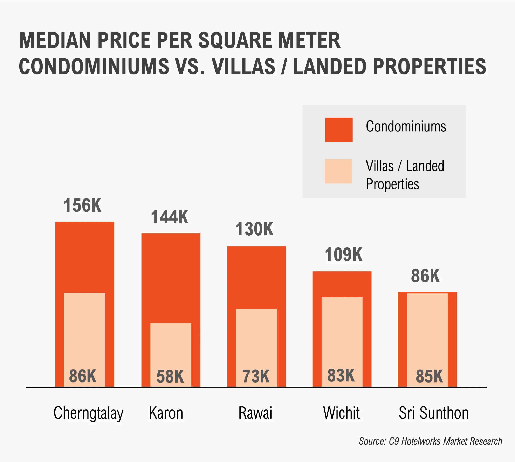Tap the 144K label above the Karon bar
coord(169,217)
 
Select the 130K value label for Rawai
coord(254,229)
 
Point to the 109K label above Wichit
coord(343,255)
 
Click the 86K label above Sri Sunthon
coord(425,276)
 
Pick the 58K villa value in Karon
coord(170,376)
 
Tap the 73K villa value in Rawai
coord(255,376)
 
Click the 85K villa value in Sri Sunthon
coord(429,376)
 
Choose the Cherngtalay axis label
coord(88,413)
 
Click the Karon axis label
coord(166,413)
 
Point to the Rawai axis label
coord(255,413)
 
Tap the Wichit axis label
coord(341,413)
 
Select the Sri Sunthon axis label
coord(433,413)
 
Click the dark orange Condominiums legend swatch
coord(339,130)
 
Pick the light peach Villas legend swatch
coord(338,171)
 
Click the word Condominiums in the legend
coord(406,126)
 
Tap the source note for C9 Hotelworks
coord(430,441)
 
